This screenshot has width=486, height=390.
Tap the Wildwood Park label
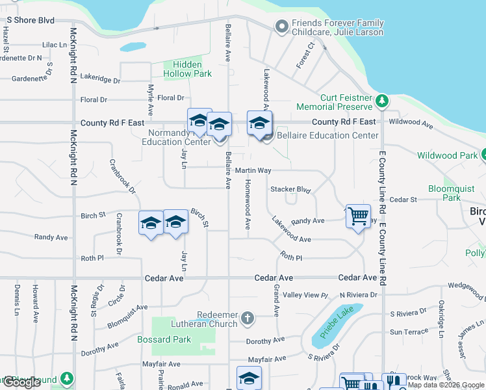pyautogui.click(x=446, y=155)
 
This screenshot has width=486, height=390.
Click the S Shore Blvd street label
pyautogui.click(x=31, y=19)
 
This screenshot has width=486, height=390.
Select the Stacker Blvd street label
pyautogui.click(x=290, y=190)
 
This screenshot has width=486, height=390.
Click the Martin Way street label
pyautogui.click(x=253, y=170)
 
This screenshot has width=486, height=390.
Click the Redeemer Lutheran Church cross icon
pyautogui.click(x=246, y=318)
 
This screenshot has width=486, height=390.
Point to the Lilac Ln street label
pyautogui.click(x=55, y=45)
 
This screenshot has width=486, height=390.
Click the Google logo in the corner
pyautogui.click(x=21, y=382)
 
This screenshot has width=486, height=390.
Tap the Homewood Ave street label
pyautogui.click(x=248, y=205)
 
